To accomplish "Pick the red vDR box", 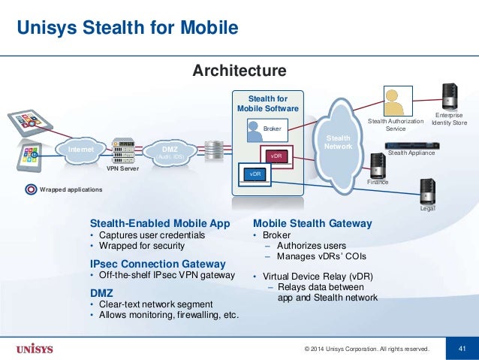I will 276,156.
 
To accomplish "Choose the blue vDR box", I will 255,174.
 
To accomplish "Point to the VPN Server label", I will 122,169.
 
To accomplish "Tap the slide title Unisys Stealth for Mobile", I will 128,29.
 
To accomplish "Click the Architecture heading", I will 239,71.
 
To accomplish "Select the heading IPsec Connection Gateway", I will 158,264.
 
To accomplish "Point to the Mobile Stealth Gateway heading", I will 312,223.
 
